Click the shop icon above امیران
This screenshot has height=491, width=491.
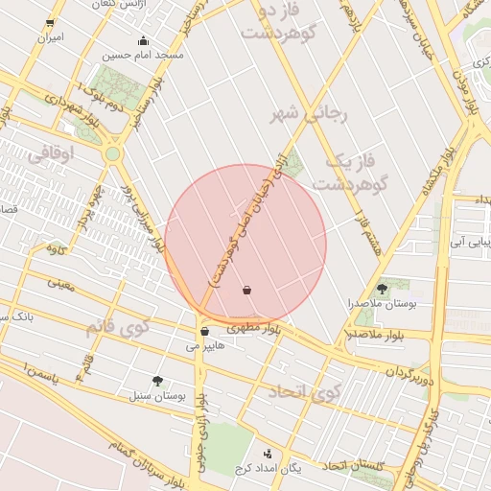tap(50, 22)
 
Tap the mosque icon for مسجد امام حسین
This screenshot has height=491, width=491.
tap(144, 40)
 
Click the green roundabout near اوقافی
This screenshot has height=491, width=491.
tap(113, 153)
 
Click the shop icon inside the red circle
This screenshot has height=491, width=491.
tap(247, 290)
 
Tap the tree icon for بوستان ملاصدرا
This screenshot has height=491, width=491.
tap(383, 288)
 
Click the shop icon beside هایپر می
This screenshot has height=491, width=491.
tap(205, 332)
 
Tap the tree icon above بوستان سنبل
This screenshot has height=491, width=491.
tap(157, 380)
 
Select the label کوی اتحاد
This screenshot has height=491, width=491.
tap(304, 390)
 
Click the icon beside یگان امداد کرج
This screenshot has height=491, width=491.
tap(268, 453)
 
